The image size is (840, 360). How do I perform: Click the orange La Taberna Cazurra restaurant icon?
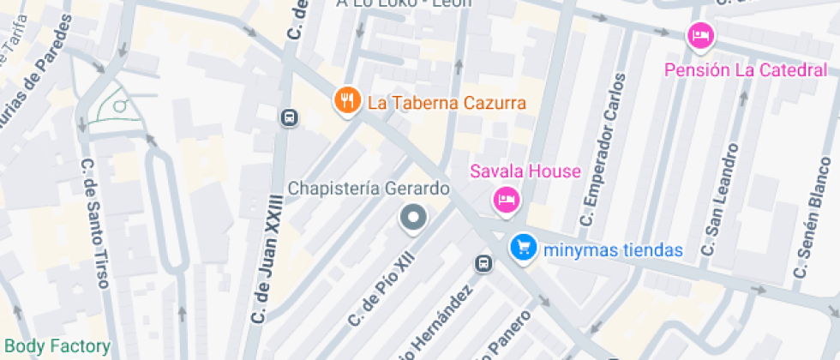[x=346, y=101]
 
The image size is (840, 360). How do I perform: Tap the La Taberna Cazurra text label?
[x=447, y=104]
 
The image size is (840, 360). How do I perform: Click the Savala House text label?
[x=525, y=171]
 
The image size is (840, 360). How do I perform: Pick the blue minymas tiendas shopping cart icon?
[x=522, y=248]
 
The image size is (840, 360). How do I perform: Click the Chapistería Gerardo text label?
[x=369, y=188]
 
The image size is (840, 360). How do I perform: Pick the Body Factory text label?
[x=57, y=347]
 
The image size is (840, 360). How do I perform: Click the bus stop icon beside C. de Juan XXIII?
[x=289, y=117]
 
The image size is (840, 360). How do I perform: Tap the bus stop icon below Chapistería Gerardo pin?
[x=484, y=263]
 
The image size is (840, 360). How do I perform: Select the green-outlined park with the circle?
[x=116, y=107]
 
